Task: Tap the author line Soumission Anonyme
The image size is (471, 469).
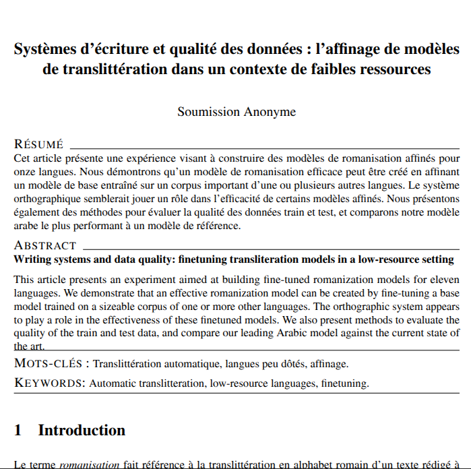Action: point(237,111)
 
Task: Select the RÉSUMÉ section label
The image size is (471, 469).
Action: point(38,144)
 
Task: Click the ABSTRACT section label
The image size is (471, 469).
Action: point(45,246)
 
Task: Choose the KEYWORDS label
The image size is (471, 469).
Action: point(50,383)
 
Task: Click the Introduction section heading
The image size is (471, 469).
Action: point(82,430)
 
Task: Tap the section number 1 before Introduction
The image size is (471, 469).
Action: point(18,430)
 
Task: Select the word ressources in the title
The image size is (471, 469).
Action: point(393,69)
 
